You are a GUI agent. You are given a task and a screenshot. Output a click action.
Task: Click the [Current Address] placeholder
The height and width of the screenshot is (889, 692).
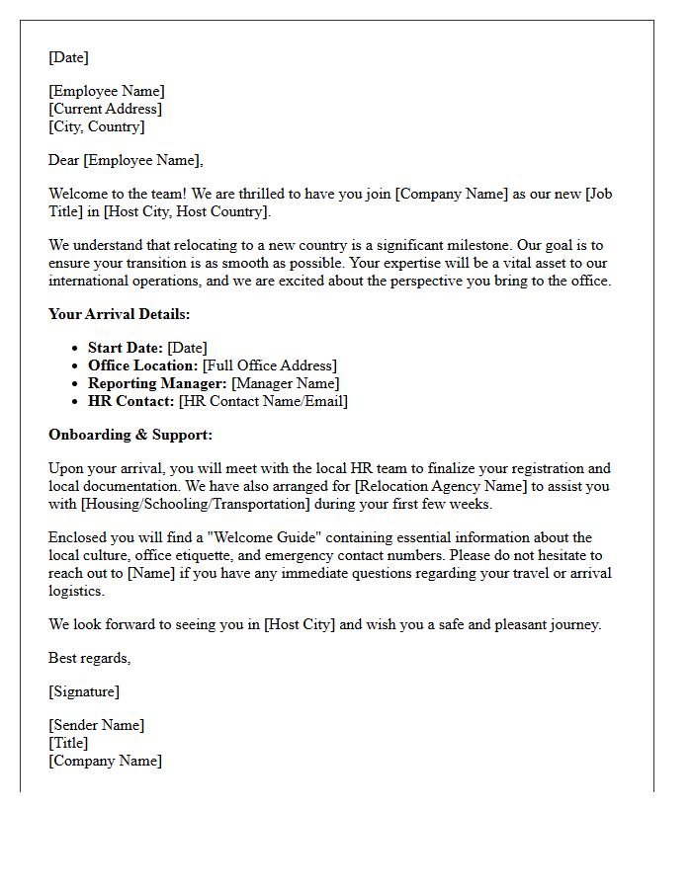point(105,109)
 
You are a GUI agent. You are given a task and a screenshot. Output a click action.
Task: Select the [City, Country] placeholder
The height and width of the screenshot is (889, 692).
point(97,126)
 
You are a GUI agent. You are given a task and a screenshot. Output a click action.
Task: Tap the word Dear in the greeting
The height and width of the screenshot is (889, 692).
point(64,160)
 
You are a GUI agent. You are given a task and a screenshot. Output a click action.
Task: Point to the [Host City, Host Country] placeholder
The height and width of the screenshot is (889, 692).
point(186,211)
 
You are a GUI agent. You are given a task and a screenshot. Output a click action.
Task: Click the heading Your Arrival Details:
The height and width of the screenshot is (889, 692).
point(119,314)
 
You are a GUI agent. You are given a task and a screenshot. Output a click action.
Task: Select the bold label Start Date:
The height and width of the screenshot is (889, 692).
point(126,348)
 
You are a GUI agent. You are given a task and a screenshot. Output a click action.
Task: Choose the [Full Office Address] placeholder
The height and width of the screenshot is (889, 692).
point(270,365)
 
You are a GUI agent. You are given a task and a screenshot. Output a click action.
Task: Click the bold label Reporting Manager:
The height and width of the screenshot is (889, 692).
point(157,383)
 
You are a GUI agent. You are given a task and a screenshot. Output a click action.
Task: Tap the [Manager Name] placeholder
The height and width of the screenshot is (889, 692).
point(286,383)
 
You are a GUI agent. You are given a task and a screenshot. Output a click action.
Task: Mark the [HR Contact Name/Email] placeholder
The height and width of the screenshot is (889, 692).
point(263,401)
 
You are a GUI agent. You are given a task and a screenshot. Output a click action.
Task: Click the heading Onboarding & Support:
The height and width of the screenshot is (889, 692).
point(130,435)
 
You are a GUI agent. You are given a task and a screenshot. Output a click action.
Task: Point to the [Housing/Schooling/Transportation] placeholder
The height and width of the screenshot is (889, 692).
point(197,504)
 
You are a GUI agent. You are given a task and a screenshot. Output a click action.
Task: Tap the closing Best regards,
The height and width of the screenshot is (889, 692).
point(89,658)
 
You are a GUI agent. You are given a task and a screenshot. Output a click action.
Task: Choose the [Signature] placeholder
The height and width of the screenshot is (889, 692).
point(84,691)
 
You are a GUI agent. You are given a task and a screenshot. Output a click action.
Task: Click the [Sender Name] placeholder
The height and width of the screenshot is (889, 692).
point(96,725)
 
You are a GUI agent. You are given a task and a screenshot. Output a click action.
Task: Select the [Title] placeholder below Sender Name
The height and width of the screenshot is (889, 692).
point(68,743)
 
